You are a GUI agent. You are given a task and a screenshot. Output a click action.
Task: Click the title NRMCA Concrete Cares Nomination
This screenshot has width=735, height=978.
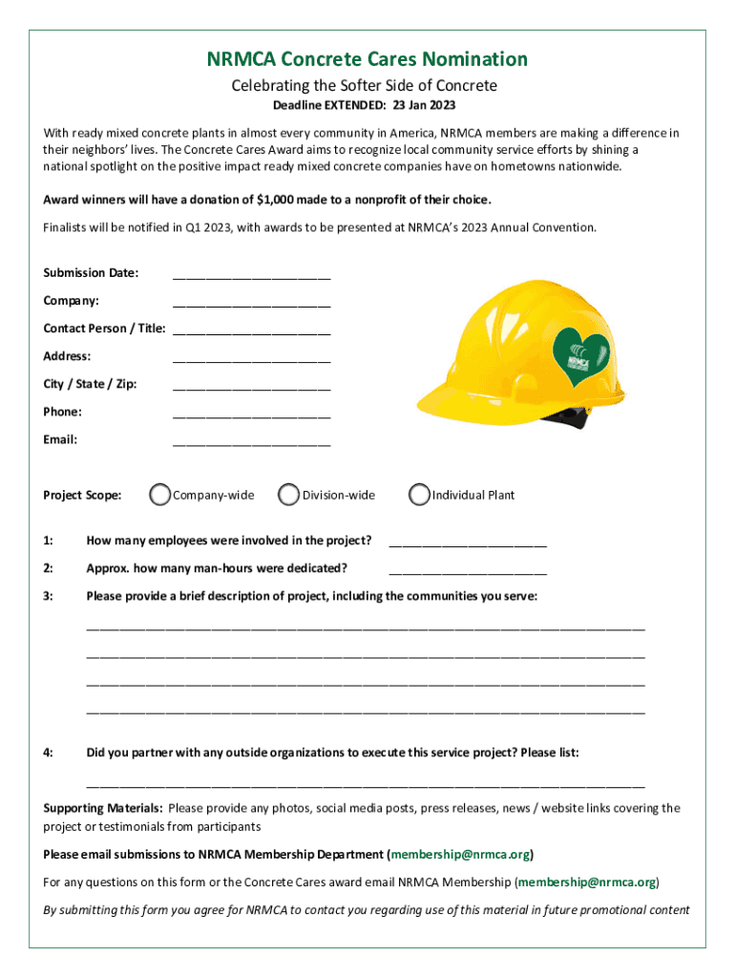point(367,59)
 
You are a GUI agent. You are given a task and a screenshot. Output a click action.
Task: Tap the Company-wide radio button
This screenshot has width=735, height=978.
point(160,495)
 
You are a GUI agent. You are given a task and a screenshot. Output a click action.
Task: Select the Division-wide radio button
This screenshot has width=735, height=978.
point(289,495)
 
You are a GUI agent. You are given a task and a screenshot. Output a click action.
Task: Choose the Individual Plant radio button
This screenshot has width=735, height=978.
point(419,495)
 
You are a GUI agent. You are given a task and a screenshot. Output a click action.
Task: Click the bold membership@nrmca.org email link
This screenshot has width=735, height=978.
point(460,854)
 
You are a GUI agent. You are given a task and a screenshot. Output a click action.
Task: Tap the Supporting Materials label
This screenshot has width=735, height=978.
point(102,808)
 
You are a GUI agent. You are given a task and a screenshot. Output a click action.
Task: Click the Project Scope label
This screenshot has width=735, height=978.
point(82,495)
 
